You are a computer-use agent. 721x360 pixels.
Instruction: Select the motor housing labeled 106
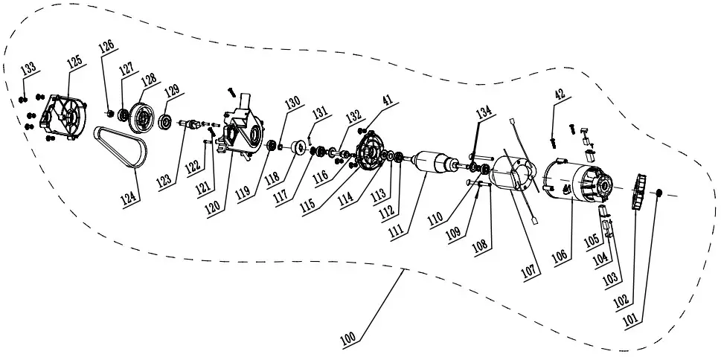click(x=574, y=183)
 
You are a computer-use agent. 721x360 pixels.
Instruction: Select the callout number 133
click(x=28, y=70)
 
